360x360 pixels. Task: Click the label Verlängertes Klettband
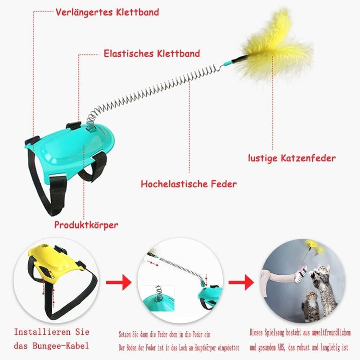(107, 13)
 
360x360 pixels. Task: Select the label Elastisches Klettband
(152, 54)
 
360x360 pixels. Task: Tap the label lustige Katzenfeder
(292, 158)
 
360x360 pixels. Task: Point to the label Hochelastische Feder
(189, 184)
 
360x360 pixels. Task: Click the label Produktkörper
(86, 225)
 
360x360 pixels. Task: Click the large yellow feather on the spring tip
(275, 46)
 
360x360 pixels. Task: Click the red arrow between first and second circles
(119, 282)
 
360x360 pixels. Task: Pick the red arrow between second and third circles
(241, 282)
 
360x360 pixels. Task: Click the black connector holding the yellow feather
(239, 59)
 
